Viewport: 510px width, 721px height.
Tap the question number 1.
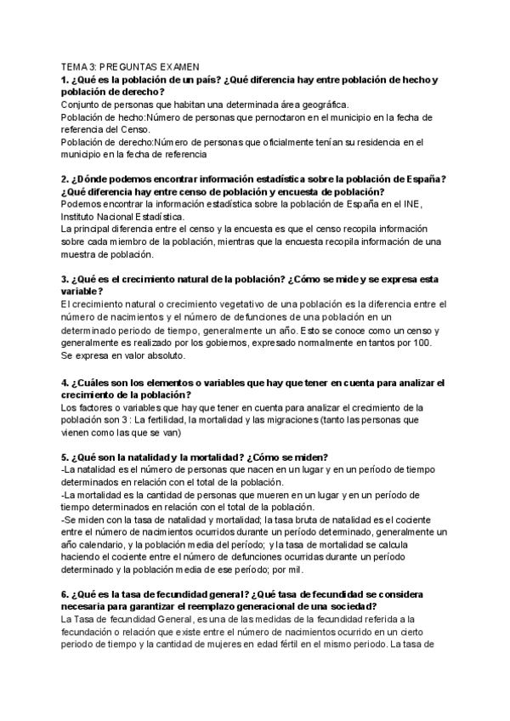(65, 80)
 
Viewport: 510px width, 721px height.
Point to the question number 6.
(65, 593)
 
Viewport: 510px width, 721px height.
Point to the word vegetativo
(237, 304)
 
